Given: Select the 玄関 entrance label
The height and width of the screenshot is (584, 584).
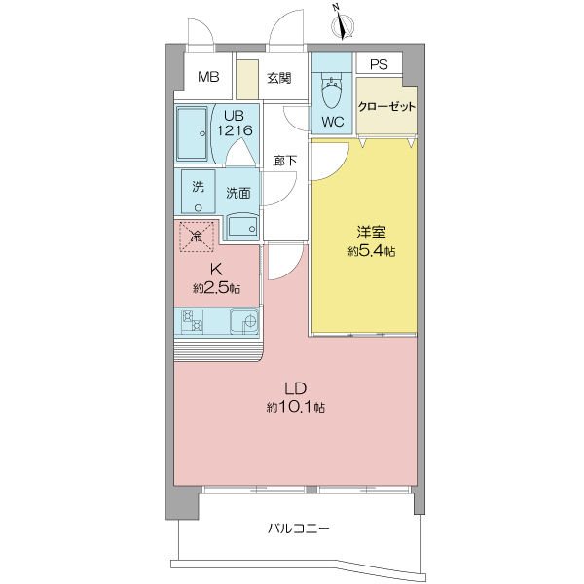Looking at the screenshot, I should pyautogui.click(x=278, y=79).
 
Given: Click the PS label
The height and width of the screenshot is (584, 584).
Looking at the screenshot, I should pyautogui.click(x=378, y=66).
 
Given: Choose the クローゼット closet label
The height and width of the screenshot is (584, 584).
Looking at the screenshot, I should pyautogui.click(x=387, y=107).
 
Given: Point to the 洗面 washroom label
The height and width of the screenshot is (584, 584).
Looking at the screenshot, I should pyautogui.click(x=238, y=193).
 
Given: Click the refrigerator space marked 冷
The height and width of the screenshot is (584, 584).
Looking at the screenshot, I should pyautogui.click(x=197, y=236).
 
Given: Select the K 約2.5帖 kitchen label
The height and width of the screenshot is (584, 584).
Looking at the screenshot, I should pyautogui.click(x=216, y=279).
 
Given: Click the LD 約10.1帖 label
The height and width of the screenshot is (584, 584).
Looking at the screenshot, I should pyautogui.click(x=297, y=397).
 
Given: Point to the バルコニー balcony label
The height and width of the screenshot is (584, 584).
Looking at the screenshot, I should pyautogui.click(x=299, y=529).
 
